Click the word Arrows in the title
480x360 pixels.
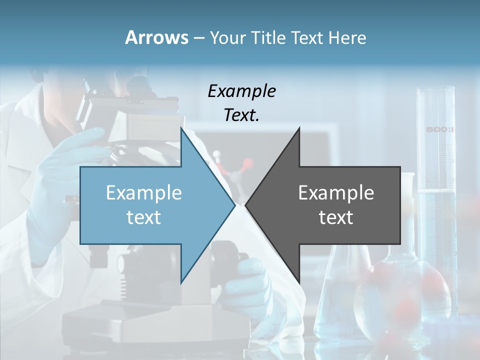pos(156,37)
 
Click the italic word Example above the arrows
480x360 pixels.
pos(241,91)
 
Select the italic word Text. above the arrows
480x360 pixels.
pos(241,115)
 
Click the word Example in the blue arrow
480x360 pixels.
pos(143,193)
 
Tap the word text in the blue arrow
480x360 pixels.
pos(143,217)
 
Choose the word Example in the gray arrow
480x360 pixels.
pos(336,193)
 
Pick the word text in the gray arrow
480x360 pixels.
pos(336,217)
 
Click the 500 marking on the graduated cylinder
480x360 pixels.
pos(439,130)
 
